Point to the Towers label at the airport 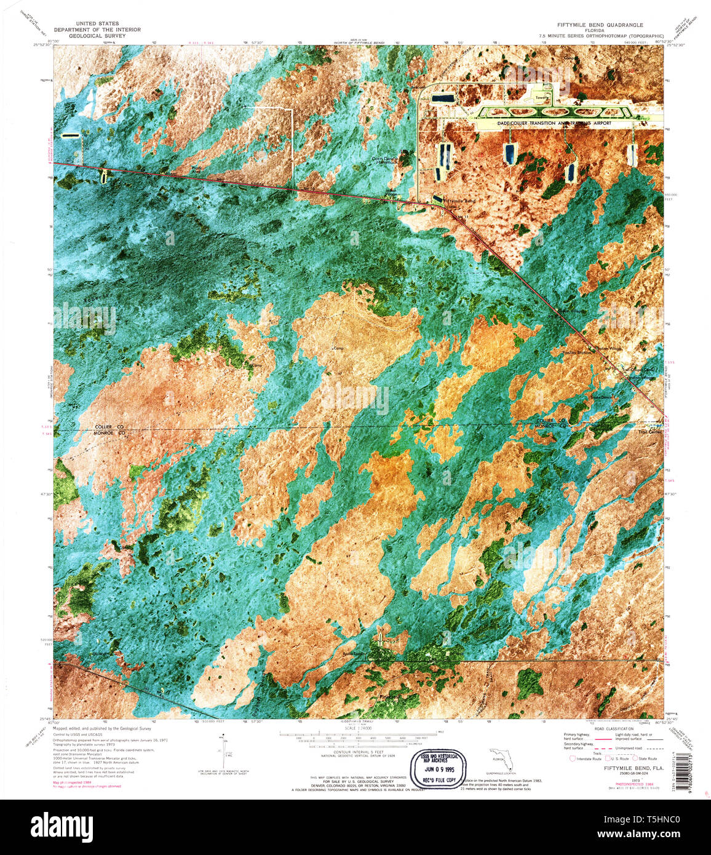pos(541,97)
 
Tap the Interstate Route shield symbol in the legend pos(573,758)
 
